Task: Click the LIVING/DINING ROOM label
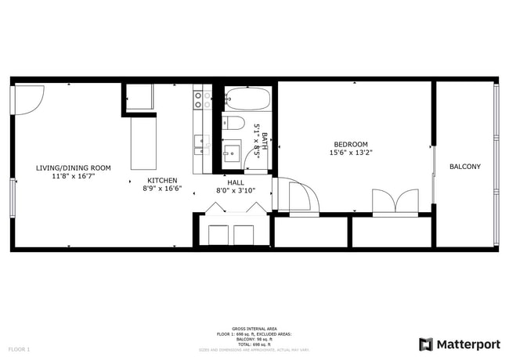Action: [74, 167]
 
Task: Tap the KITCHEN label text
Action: [162, 180]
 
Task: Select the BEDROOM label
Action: [350, 144]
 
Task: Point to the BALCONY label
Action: [464, 167]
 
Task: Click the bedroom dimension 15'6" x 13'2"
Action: [350, 153]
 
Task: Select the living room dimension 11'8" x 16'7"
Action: [73, 177]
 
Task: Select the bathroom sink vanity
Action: [233, 150]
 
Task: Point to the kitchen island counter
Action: [143, 142]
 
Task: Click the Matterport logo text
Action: [467, 344]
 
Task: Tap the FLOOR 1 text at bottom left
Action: [19, 348]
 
